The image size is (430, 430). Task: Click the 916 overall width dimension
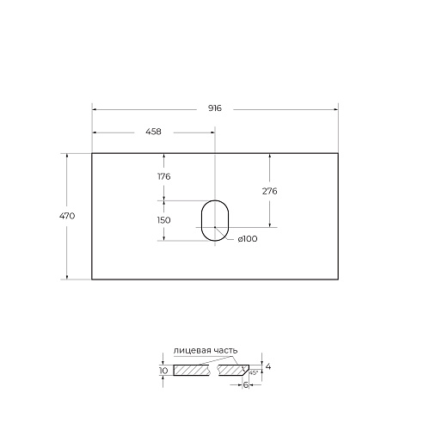point(215,108)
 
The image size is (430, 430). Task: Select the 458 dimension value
point(153,132)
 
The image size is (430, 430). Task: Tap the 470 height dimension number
point(67,216)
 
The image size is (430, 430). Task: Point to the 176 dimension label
point(164,176)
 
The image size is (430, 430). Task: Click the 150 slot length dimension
point(163,220)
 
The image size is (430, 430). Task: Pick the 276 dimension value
point(269,191)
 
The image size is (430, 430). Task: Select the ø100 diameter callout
point(248,239)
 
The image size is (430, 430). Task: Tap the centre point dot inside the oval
point(215,227)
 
